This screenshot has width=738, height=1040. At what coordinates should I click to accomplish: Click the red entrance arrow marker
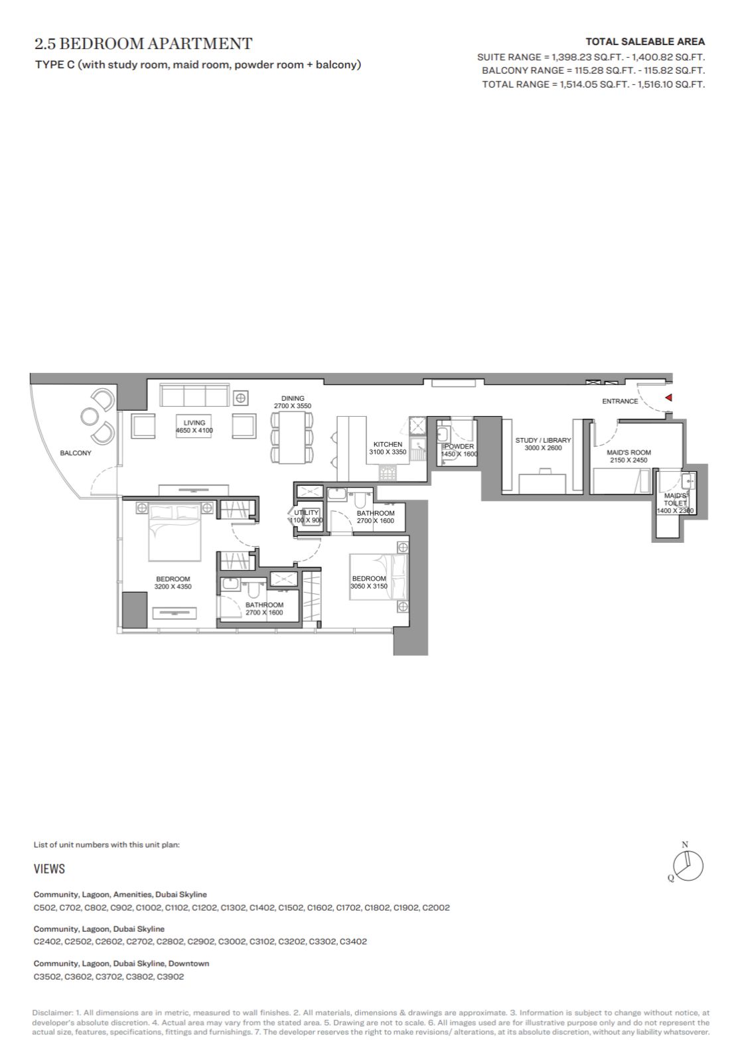[x=669, y=398]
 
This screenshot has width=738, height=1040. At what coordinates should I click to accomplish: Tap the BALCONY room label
[x=76, y=453]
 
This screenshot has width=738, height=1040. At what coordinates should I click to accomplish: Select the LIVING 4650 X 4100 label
[x=194, y=426]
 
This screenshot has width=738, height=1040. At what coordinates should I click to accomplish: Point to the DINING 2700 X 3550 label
[x=293, y=402]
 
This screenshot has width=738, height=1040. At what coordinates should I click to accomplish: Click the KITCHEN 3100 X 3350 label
[x=388, y=448]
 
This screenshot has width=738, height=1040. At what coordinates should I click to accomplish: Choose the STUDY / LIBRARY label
[x=543, y=439]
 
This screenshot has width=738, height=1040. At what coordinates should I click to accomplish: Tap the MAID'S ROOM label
[x=629, y=452]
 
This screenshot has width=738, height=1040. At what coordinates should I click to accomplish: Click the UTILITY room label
[x=307, y=512]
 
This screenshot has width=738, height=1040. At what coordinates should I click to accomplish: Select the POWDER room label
[x=459, y=446]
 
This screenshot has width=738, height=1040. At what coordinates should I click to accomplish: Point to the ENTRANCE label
[x=620, y=401]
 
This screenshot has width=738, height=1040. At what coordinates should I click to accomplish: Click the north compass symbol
[x=688, y=866]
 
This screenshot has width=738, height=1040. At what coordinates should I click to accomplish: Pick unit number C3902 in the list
[x=171, y=976]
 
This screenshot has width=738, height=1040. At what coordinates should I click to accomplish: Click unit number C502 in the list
[x=45, y=907]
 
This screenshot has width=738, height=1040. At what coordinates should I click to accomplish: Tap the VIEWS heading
[x=49, y=869]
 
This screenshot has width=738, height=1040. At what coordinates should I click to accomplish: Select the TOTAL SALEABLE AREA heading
[x=645, y=42]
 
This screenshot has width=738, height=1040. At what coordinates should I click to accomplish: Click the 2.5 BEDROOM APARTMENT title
[x=143, y=44]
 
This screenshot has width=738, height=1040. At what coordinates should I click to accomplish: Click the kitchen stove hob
[x=387, y=473]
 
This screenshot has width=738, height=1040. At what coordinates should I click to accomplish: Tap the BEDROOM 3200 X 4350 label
[x=173, y=583]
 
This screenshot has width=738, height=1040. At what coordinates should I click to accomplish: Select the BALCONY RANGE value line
[x=593, y=70]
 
